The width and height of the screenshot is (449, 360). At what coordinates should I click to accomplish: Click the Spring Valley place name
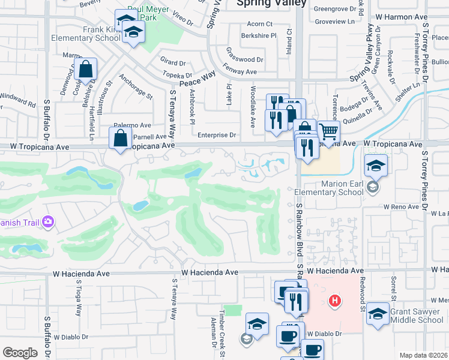271,3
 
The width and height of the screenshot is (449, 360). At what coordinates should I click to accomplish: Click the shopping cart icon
328,130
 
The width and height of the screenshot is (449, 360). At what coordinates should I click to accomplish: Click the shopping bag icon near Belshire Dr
86,70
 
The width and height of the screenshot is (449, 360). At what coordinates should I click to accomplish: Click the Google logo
20,352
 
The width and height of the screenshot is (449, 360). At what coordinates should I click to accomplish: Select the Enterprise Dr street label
217,136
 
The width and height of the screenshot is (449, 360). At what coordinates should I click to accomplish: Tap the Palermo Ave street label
133,125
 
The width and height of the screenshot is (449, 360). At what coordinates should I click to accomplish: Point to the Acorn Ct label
260,25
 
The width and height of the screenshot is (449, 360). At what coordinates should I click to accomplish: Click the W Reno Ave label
402,206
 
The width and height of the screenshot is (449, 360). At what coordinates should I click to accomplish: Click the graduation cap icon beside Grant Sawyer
377,314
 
